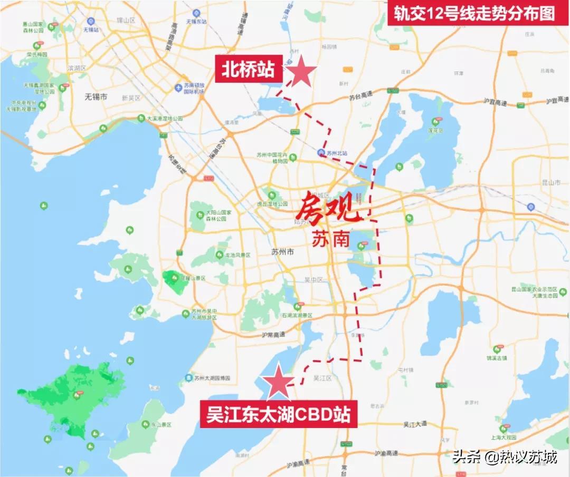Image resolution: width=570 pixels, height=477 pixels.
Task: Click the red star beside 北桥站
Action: pos(301,72)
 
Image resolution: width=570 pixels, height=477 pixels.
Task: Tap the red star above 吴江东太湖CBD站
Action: pos(278,383)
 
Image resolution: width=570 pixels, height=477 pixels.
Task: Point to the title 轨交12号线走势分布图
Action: pos(473,13)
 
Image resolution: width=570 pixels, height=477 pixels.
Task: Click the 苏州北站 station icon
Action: pos(321,153)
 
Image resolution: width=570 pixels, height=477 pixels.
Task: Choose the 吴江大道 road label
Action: pos(414,424)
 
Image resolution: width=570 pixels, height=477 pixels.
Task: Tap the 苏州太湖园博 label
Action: pos(212,378)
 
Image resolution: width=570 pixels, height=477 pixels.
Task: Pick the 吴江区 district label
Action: pos(321,378)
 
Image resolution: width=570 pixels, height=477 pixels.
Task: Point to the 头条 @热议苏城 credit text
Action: pos(504,456)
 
